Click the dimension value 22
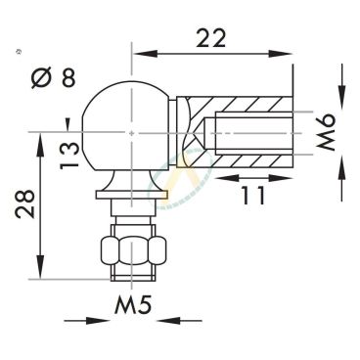[210, 38]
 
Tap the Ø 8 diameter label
[54, 77]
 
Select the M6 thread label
[325, 132]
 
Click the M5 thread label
[133, 305]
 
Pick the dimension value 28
[24, 203]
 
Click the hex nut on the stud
[133, 251]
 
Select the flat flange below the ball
[132, 195]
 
